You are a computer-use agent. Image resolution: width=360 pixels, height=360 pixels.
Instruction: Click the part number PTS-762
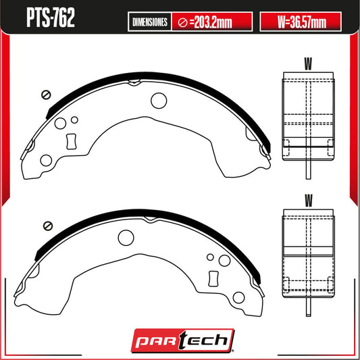coord(51,18)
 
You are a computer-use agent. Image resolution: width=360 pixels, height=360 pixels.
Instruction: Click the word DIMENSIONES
coord(150,22)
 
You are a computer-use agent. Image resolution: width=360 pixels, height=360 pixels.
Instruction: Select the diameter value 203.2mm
coord(211,22)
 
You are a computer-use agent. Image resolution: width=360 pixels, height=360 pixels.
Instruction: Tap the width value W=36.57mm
coord(302,22)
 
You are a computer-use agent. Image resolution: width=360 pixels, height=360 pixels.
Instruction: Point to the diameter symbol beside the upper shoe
coord(46,95)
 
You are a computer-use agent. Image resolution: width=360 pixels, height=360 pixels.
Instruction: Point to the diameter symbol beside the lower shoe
coord(48,226)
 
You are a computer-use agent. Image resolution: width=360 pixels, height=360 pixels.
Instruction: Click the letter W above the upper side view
coord(308,63)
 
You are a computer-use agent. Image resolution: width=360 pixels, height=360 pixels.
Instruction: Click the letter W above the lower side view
coord(309,201)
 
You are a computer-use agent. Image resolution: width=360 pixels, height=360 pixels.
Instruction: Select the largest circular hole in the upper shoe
coord(159,101)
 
